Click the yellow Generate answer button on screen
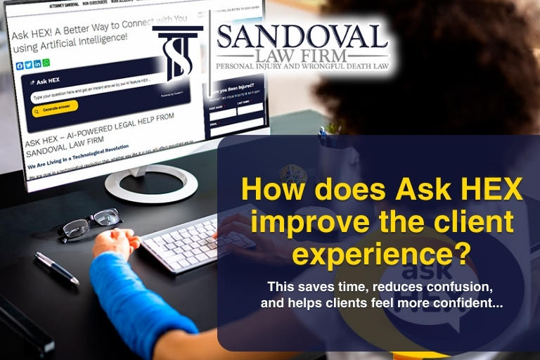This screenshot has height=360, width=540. point(54,110)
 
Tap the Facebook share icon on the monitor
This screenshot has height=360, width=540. point(20,65)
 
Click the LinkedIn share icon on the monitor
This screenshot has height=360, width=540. point(38,64)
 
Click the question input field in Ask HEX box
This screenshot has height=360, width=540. point(84,95)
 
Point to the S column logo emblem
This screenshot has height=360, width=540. point(178,53)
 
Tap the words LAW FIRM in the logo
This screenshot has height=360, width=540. point(302,55)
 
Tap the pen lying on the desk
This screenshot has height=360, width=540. point(57,267)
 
